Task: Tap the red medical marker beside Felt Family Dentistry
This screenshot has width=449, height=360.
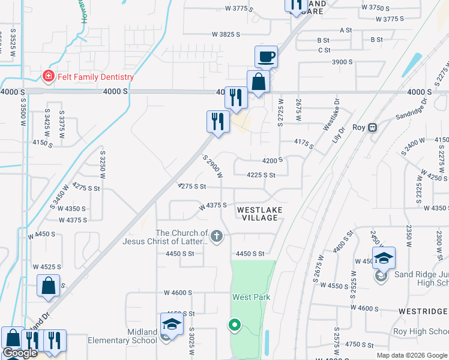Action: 47,76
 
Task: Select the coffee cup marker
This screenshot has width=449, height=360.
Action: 266,58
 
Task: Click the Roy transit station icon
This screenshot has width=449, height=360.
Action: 373,127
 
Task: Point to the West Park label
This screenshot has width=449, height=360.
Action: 251,297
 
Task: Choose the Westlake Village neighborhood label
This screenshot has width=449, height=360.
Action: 258,214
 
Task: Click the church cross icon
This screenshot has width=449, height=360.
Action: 217,237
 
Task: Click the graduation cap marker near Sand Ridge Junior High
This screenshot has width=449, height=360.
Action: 384,259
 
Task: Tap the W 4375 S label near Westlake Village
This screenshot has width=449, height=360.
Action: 213,205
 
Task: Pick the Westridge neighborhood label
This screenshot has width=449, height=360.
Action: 423,311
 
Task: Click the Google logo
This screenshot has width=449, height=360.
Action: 20,353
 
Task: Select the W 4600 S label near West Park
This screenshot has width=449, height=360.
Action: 178,292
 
